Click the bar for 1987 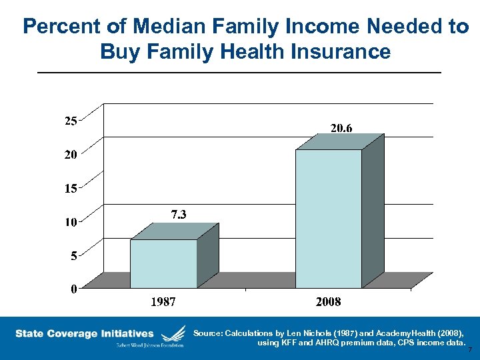[x=164, y=263]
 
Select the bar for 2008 [x=329, y=219]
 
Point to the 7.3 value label [x=179, y=214]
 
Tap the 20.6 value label [x=341, y=127]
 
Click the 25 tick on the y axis [x=70, y=121]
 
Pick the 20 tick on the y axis [x=70, y=154]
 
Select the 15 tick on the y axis [x=70, y=188]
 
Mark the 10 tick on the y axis [x=70, y=222]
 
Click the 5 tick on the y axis [x=73, y=255]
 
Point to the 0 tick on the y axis [x=73, y=289]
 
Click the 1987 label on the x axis [x=163, y=302]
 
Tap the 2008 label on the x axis [x=328, y=302]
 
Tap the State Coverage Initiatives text [x=85, y=333]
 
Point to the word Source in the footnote [x=208, y=333]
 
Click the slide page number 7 [x=470, y=350]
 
